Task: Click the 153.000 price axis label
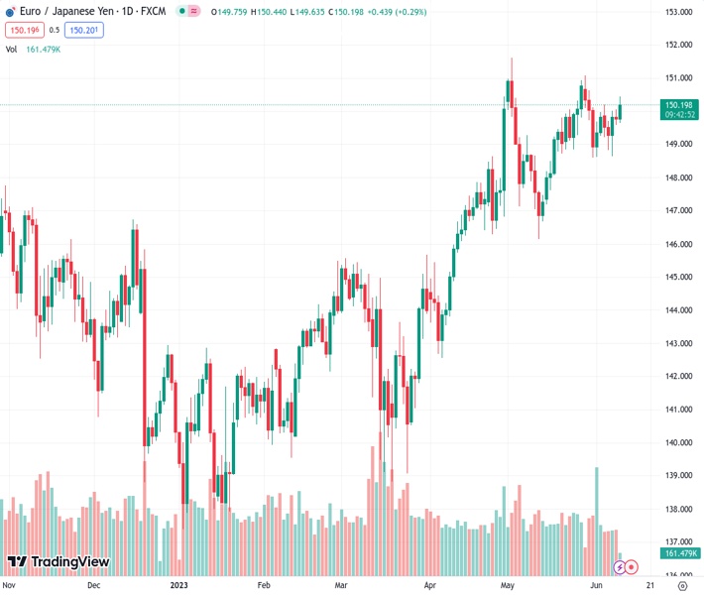pyautogui.click(x=677, y=12)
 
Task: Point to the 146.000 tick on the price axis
pyautogui.click(x=677, y=244)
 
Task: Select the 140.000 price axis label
pyautogui.click(x=677, y=442)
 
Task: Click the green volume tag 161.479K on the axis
pyautogui.click(x=681, y=553)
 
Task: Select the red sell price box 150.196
pyautogui.click(x=23, y=30)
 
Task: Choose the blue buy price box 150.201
pyautogui.click(x=83, y=30)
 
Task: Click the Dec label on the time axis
pyautogui.click(x=94, y=585)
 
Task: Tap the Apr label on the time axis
pyautogui.click(x=429, y=585)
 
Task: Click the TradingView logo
pyautogui.click(x=58, y=563)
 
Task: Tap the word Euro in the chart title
pyautogui.click(x=31, y=11)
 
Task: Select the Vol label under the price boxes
pyautogui.click(x=12, y=49)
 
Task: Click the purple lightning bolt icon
pyautogui.click(x=620, y=567)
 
